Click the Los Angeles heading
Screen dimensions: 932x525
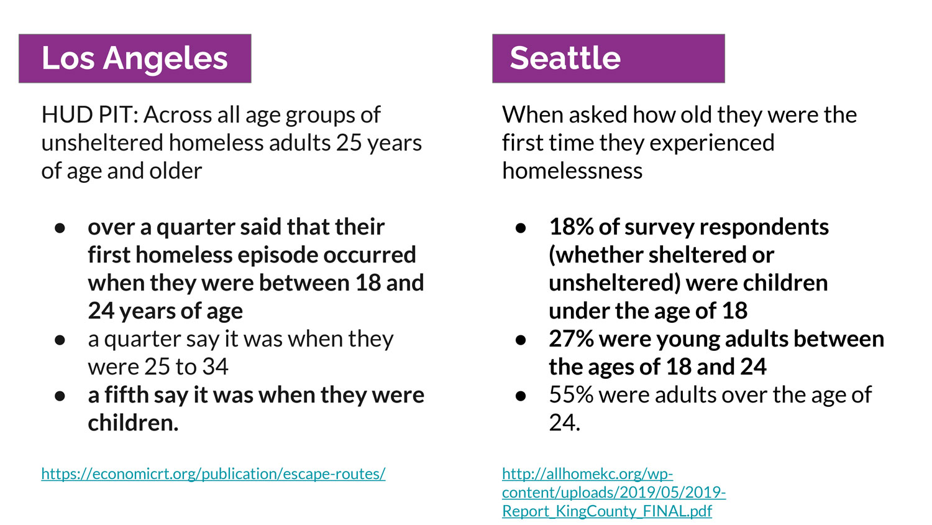click(134, 58)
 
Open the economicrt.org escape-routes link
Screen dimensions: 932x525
click(213, 474)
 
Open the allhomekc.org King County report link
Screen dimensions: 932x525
click(614, 492)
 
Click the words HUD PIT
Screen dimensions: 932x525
click(89, 114)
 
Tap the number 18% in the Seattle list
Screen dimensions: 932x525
click(571, 227)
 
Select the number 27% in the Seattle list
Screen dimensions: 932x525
click(571, 339)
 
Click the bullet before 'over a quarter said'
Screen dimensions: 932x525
click(60, 228)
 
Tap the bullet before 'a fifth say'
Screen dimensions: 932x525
click(60, 396)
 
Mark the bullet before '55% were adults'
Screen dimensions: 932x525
click(521, 396)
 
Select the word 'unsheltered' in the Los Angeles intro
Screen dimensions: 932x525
click(102, 142)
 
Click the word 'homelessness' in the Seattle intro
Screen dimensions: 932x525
click(572, 170)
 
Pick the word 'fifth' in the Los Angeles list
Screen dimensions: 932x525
click(126, 394)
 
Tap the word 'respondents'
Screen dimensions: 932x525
click(764, 228)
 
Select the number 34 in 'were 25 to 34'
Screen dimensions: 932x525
click(215, 366)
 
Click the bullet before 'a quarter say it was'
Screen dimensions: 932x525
click(60, 340)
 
